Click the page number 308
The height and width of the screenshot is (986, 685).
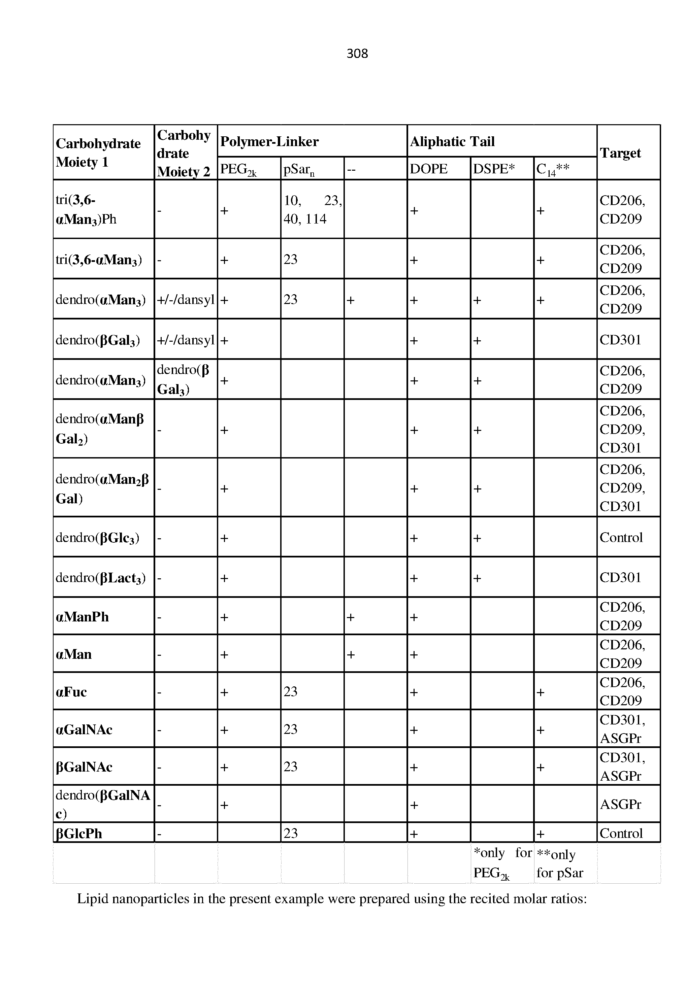pos(357,54)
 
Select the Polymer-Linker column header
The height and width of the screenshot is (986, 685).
pos(269,142)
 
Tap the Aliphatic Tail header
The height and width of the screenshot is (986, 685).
pos(452,142)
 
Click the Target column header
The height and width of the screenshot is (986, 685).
pos(620,153)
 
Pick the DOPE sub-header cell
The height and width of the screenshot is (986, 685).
pos(428,169)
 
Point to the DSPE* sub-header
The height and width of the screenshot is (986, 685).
pos(494,169)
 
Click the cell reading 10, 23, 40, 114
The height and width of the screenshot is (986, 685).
pos(312,209)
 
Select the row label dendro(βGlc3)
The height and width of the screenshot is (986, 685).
pos(97,538)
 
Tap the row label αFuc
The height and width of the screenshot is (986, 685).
pos(71,692)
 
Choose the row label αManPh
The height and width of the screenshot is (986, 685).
pos(83,617)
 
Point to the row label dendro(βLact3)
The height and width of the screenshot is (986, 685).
pos(100,578)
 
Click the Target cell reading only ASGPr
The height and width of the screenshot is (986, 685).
pos(620,804)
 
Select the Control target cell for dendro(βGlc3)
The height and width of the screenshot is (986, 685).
pos(621,538)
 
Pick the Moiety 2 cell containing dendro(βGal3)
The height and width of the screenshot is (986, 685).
pos(183,380)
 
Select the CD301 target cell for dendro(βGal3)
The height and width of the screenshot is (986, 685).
pos(620,340)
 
